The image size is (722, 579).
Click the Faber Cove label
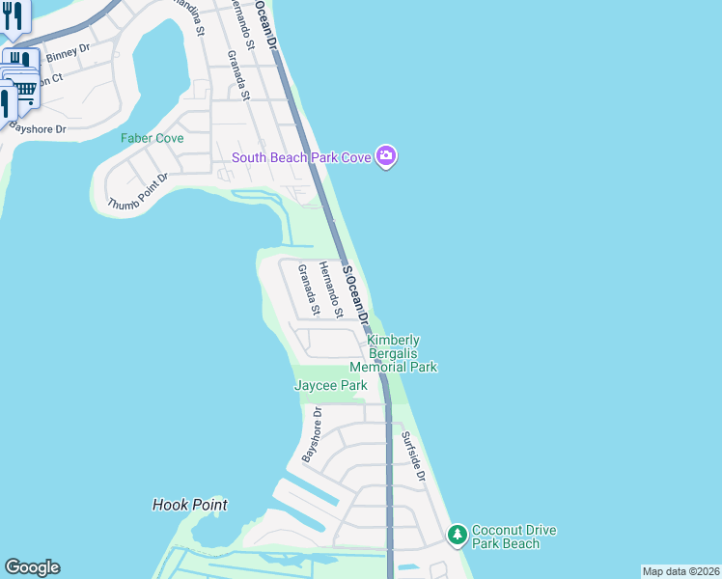click(x=152, y=138)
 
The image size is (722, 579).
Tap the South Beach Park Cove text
click(x=301, y=157)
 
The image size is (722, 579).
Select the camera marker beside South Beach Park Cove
click(x=386, y=156)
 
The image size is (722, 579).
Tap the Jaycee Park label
click(x=330, y=386)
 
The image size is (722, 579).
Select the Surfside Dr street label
click(x=413, y=455)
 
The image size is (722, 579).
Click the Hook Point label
click(x=190, y=505)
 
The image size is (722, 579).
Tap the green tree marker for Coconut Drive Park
click(x=456, y=534)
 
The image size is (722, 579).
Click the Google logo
click(x=32, y=567)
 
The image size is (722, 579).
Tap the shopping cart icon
click(x=24, y=90)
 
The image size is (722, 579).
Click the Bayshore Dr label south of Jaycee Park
click(x=310, y=435)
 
